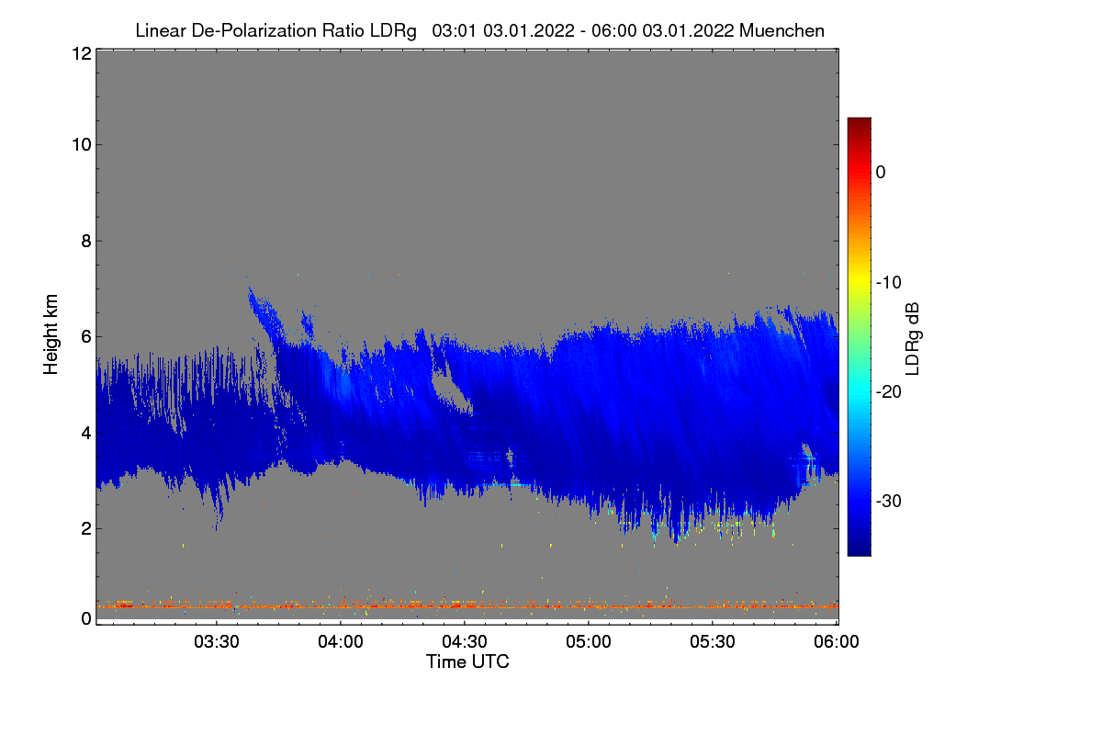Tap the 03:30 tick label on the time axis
(x=217, y=643)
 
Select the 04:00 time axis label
(x=341, y=643)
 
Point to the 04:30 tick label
(x=465, y=643)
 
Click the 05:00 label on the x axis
(x=589, y=643)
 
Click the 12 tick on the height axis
(x=80, y=53)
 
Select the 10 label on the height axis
(x=80, y=144)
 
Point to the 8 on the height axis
(x=85, y=241)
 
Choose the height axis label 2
(x=85, y=528)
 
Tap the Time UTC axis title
(x=467, y=661)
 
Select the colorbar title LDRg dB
(x=913, y=337)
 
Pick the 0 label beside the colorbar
(x=881, y=173)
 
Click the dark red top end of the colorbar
(x=859, y=123)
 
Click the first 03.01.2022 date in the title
(x=523, y=30)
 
